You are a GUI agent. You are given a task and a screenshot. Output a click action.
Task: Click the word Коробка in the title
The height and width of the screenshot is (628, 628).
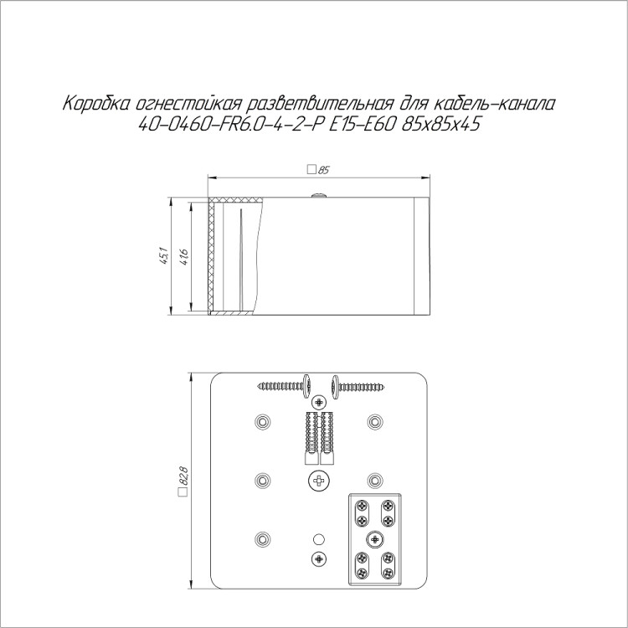(x=96, y=104)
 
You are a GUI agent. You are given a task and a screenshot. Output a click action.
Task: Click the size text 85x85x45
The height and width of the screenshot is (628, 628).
(x=440, y=125)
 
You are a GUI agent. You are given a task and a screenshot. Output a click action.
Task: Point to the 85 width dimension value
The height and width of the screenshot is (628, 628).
(x=323, y=170)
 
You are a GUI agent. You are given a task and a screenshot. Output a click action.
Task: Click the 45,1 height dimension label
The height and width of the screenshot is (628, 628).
(x=164, y=257)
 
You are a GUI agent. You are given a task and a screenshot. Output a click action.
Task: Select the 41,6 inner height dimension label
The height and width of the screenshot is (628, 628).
(x=184, y=257)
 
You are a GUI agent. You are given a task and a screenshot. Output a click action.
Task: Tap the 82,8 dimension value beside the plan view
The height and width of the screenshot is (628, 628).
(x=184, y=475)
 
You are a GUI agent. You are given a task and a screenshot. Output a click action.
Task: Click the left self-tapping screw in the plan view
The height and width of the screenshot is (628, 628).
(x=285, y=386)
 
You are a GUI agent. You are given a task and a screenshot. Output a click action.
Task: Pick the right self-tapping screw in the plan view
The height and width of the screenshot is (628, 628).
(x=358, y=387)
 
